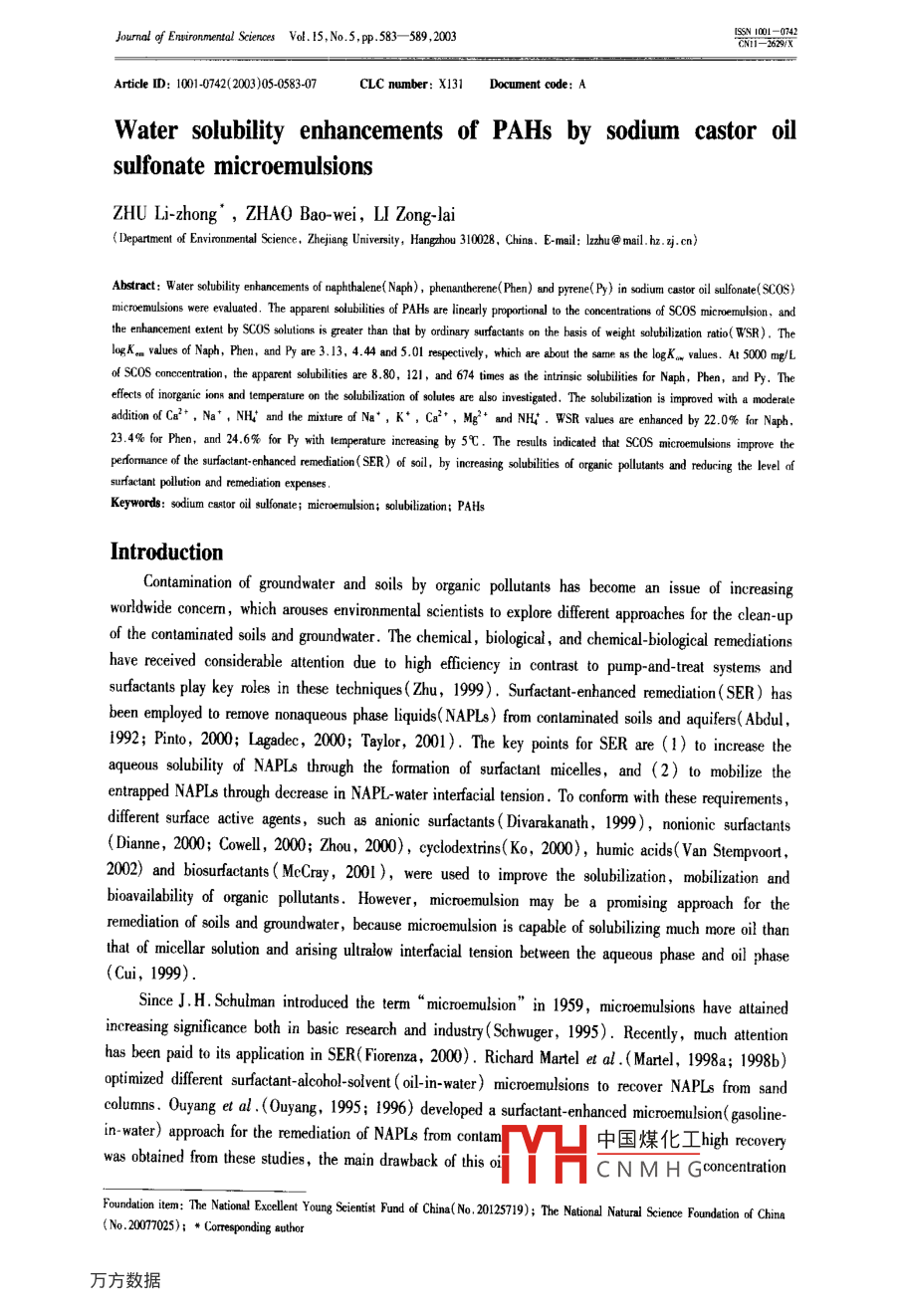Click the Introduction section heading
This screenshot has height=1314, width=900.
tap(166, 552)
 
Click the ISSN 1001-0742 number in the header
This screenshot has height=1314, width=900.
tap(766, 32)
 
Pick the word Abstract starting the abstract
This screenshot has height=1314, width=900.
tap(134, 286)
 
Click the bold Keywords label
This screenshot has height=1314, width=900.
tap(136, 504)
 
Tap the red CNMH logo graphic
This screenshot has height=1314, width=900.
tap(543, 1153)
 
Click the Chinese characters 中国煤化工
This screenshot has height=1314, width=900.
tap(648, 1140)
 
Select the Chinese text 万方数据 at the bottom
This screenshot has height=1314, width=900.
tap(124, 1280)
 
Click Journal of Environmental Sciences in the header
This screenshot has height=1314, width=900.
tap(195, 37)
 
